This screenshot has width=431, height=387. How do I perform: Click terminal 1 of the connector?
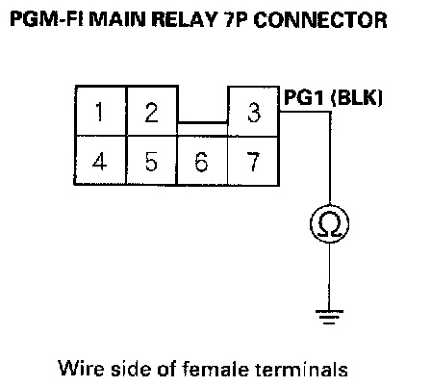coord(101,111)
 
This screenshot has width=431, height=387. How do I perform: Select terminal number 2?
coord(152,111)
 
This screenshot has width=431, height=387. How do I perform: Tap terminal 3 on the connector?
coord(254,112)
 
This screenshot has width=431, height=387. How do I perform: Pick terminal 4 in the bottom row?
coord(100,161)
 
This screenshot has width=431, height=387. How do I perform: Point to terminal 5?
coord(152,161)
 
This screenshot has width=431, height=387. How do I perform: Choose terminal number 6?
coord(202,161)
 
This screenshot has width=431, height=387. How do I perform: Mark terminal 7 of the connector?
coord(253,161)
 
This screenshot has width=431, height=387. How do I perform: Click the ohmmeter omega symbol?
coord(330,223)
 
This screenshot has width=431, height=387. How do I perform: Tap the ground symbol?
coord(329,317)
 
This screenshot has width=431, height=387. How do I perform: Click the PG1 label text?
coord(304,97)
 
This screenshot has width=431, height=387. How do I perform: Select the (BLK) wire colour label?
coord(356,97)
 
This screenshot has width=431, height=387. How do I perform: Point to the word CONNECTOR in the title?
coord(320,19)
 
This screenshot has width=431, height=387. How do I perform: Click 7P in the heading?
coord(236,19)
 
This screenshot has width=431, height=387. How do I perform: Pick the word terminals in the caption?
coord(301,368)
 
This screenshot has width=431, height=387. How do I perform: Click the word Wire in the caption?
coord(82,368)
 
